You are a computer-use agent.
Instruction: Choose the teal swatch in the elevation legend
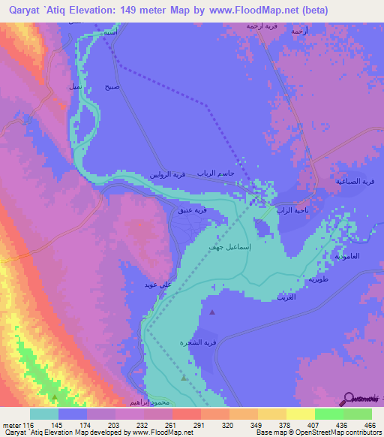43,414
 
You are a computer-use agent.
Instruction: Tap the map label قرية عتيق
192,211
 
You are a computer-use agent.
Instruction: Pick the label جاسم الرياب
216,173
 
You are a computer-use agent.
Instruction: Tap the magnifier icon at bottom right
350,397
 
